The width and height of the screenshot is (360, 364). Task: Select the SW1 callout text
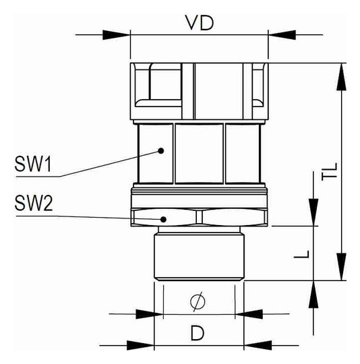pos(32,164)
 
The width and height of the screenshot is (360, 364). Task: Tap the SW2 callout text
pos(32,203)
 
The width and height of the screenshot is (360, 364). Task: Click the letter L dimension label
pos(304,253)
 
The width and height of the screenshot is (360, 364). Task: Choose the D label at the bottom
pos(197,332)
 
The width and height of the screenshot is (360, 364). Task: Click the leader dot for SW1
pos(161,151)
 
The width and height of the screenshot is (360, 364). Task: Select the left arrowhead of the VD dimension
pos(116,34)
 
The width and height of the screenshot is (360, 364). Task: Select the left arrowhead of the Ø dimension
pos(149,313)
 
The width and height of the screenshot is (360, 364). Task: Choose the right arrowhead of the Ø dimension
pos(249,313)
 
